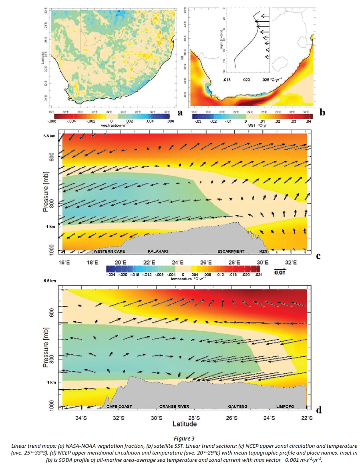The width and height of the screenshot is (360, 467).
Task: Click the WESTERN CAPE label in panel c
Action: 109,251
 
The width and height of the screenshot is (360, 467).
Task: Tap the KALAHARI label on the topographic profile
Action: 158,251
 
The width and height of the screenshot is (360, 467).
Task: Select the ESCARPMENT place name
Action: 231,251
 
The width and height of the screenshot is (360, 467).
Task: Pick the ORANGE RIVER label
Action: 174,406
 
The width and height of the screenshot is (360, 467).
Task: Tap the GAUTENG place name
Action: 238,406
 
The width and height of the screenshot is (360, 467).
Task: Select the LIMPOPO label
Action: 285,406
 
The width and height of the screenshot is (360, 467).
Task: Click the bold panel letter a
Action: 180,113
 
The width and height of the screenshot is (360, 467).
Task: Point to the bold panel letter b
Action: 322,113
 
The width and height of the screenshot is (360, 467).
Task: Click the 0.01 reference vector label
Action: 280,273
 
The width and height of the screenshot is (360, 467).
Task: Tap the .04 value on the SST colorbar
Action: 309,121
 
